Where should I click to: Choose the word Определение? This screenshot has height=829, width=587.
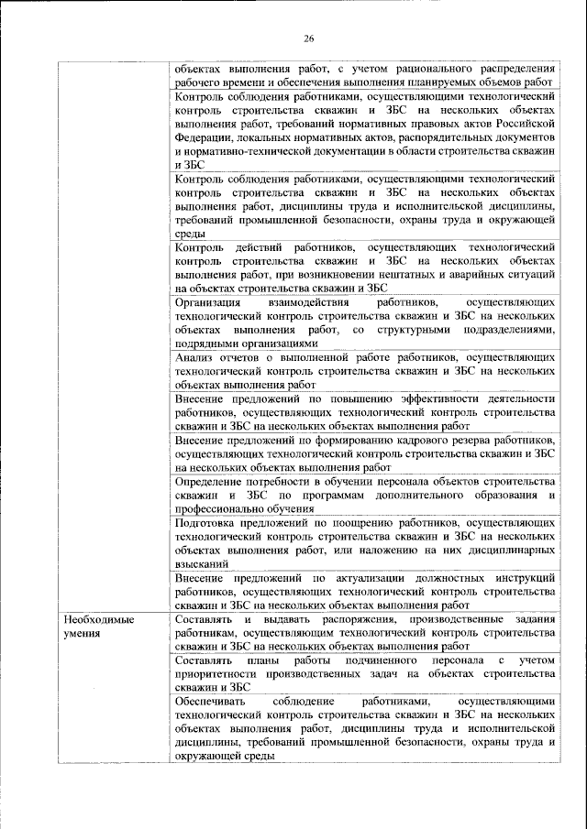pos(214,481)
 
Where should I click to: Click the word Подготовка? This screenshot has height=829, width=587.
pos(210,523)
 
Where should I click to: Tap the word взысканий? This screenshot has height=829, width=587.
pos(203,565)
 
